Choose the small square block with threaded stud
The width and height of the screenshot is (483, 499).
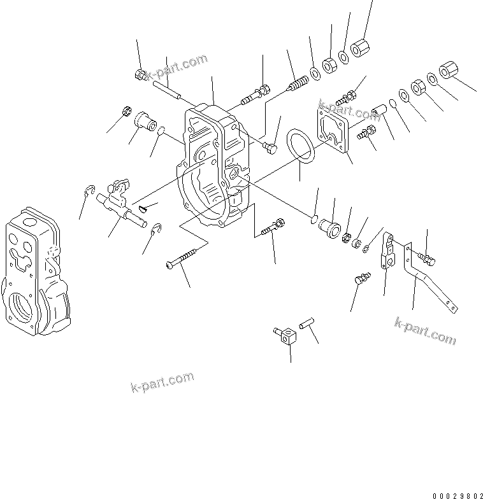pos(289,335)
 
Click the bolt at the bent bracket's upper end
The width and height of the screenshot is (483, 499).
pos(427,257)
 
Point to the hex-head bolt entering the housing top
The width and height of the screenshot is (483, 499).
pos(257,95)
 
